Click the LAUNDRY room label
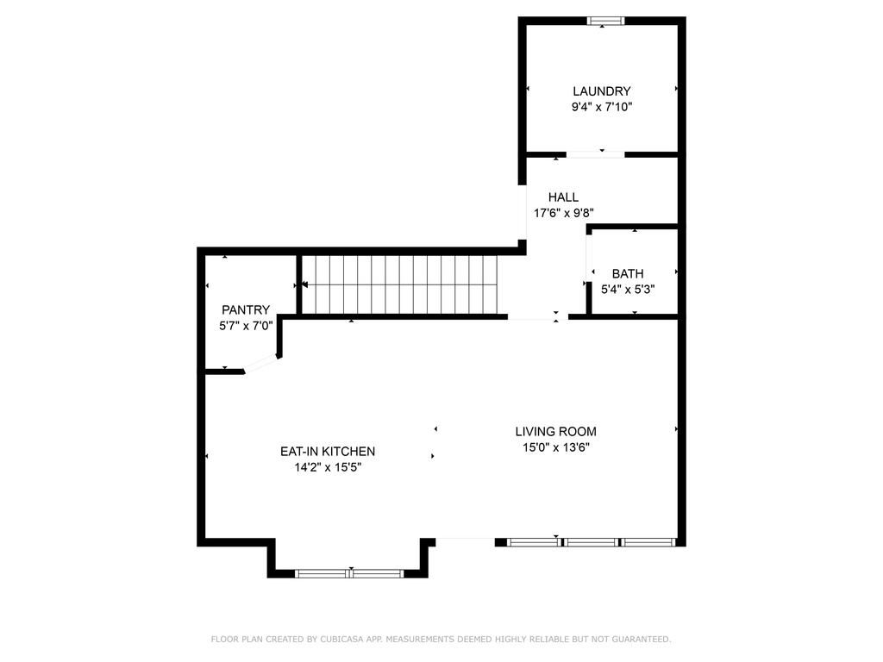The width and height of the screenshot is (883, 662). point(602,91)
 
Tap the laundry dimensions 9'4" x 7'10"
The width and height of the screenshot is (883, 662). point(602,108)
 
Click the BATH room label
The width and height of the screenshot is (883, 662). point(628,274)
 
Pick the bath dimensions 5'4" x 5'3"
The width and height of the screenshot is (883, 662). point(628,290)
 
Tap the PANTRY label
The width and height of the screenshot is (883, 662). point(246,310)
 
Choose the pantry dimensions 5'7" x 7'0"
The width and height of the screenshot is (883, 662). point(246,326)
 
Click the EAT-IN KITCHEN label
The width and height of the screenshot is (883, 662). point(328,452)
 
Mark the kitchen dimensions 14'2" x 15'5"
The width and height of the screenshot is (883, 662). point(328,468)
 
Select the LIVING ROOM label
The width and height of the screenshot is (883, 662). point(555,432)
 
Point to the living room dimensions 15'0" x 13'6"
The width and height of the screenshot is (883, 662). point(555,447)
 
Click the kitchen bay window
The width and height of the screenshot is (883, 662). point(350,573)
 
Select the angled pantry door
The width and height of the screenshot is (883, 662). point(262,365)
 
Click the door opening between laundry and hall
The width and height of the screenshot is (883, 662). point(595,155)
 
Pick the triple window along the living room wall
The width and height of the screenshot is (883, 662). point(590,542)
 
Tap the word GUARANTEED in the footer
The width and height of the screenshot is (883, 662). point(640,640)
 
